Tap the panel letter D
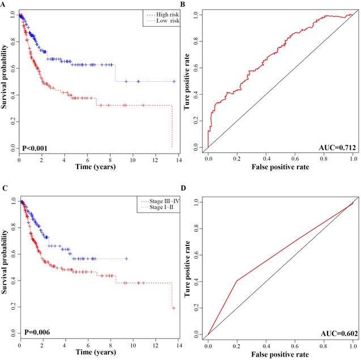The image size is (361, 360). (x=183, y=186)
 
